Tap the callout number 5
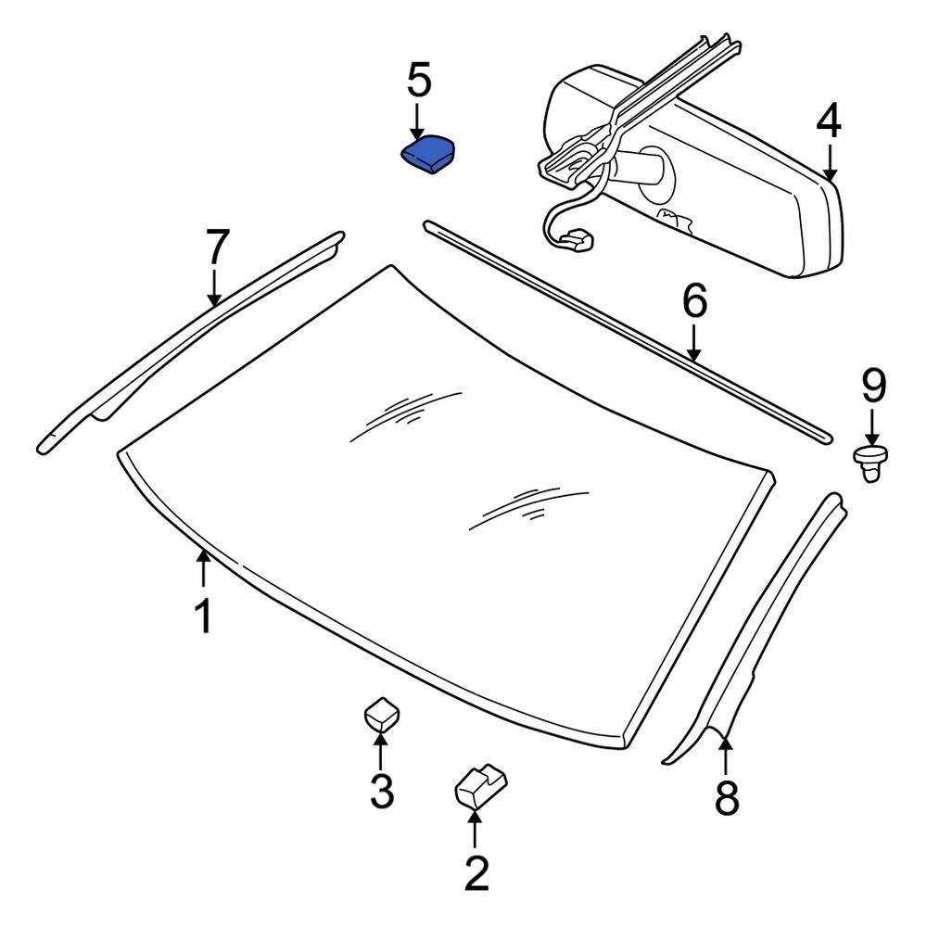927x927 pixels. point(419,81)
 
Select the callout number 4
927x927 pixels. point(829,121)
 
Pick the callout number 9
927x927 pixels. point(873,385)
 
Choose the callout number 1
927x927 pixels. point(203,616)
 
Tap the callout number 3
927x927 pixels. point(381,791)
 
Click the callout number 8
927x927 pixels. point(727,796)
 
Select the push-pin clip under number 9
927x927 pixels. point(870,463)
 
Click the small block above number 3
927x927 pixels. point(381,714)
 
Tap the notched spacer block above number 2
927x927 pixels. point(481,787)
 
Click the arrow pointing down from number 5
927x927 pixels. point(417,121)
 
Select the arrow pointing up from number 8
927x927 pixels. point(726,752)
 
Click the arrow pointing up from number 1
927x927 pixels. point(203,568)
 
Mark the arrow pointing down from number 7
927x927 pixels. point(214,286)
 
